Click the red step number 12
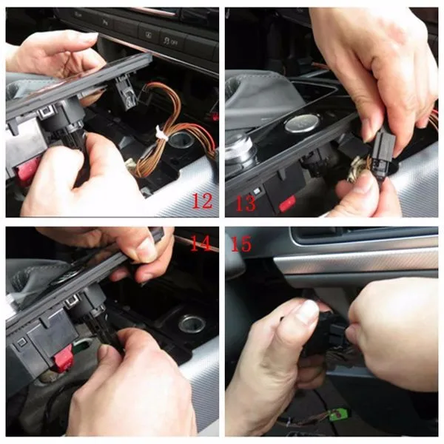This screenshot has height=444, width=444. [x=202, y=201]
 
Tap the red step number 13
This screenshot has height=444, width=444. [x=246, y=203]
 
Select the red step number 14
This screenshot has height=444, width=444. [x=201, y=243]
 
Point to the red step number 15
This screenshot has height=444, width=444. [x=241, y=243]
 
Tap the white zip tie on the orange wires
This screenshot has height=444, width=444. [x=161, y=133]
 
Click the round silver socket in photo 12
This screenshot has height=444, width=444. [x=178, y=140]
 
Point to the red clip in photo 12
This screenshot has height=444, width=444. [x=27, y=169]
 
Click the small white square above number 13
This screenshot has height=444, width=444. [x=257, y=191]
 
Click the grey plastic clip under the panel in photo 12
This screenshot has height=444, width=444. [x=127, y=92]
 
